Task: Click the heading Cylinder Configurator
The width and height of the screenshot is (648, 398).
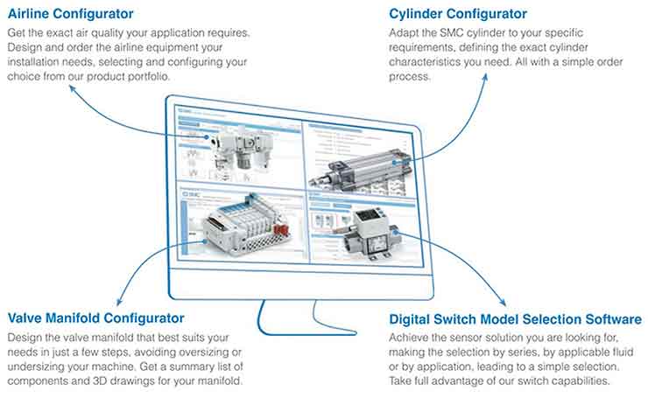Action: click(x=458, y=14)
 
